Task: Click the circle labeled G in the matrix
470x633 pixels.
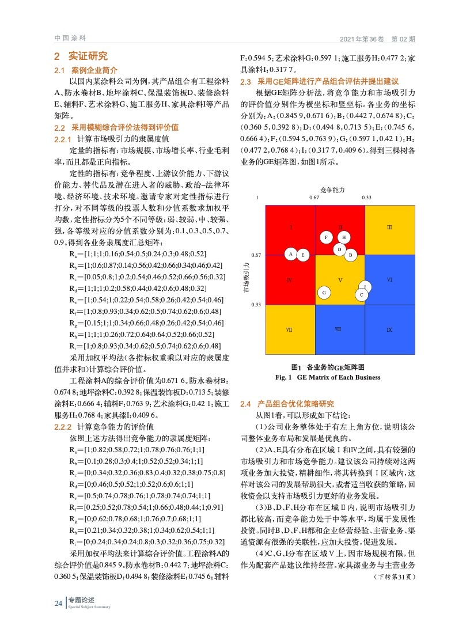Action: (x=324, y=293)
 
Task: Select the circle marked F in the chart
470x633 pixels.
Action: (x=327, y=237)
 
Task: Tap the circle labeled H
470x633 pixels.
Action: (x=344, y=237)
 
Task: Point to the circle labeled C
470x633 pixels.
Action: (x=361, y=295)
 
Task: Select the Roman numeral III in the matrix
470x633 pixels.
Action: (x=389, y=228)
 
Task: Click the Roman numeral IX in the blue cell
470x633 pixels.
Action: (x=389, y=330)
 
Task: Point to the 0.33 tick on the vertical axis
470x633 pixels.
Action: (x=256, y=305)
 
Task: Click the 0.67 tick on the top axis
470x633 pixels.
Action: (x=314, y=198)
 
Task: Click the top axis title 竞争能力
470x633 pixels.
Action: (x=332, y=189)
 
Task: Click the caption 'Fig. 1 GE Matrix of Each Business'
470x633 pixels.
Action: (x=328, y=378)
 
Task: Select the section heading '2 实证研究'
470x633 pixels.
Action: (x=80, y=56)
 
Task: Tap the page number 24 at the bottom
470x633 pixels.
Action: (x=58, y=602)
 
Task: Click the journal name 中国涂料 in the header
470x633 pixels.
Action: (x=70, y=39)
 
